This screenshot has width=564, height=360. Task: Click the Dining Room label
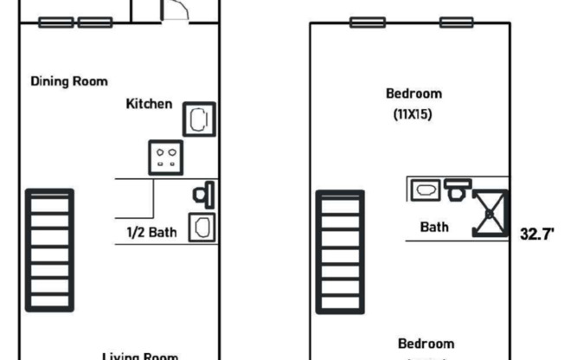[x=69, y=81]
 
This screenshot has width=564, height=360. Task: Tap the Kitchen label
[x=150, y=104]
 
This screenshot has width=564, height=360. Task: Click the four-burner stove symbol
[x=165, y=157]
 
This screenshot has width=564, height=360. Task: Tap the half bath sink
[x=202, y=228]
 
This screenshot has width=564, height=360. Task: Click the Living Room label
[x=140, y=356]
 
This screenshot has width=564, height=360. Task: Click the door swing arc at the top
[x=176, y=10]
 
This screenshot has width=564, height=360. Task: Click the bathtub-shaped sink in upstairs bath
[x=426, y=188]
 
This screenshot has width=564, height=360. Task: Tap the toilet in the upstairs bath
[x=458, y=187]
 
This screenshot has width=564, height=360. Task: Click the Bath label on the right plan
[x=434, y=228]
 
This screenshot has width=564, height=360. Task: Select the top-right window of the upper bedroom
[x=456, y=22]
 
